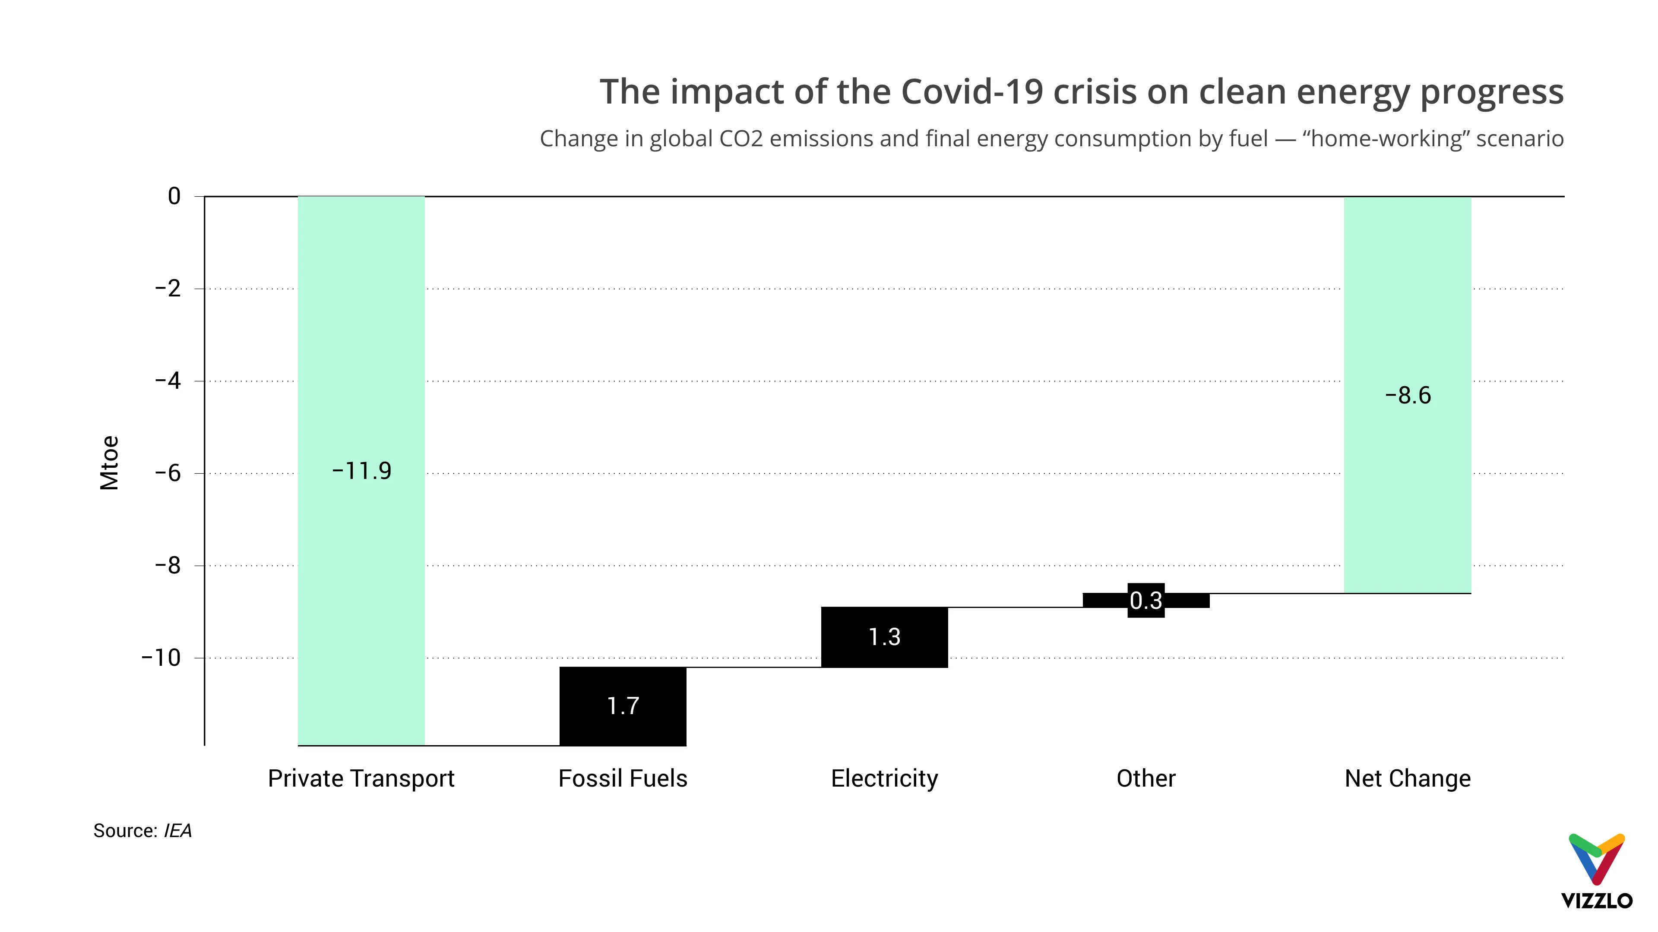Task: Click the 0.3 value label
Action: pyautogui.click(x=1145, y=601)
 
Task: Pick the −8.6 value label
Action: pyautogui.click(x=1408, y=395)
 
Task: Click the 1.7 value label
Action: pyautogui.click(x=622, y=705)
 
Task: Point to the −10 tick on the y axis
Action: pyautogui.click(x=161, y=657)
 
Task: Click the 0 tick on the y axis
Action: pyautogui.click(x=174, y=196)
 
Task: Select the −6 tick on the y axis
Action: pyautogui.click(x=168, y=473)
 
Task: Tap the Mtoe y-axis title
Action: pyautogui.click(x=109, y=463)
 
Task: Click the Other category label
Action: pyautogui.click(x=1145, y=778)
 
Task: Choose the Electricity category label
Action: pyautogui.click(x=884, y=778)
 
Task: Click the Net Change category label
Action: pyautogui.click(x=1408, y=778)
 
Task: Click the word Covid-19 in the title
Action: pyautogui.click(x=971, y=91)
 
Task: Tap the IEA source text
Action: pyautogui.click(x=177, y=831)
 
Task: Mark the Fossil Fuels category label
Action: pyautogui.click(x=622, y=778)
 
